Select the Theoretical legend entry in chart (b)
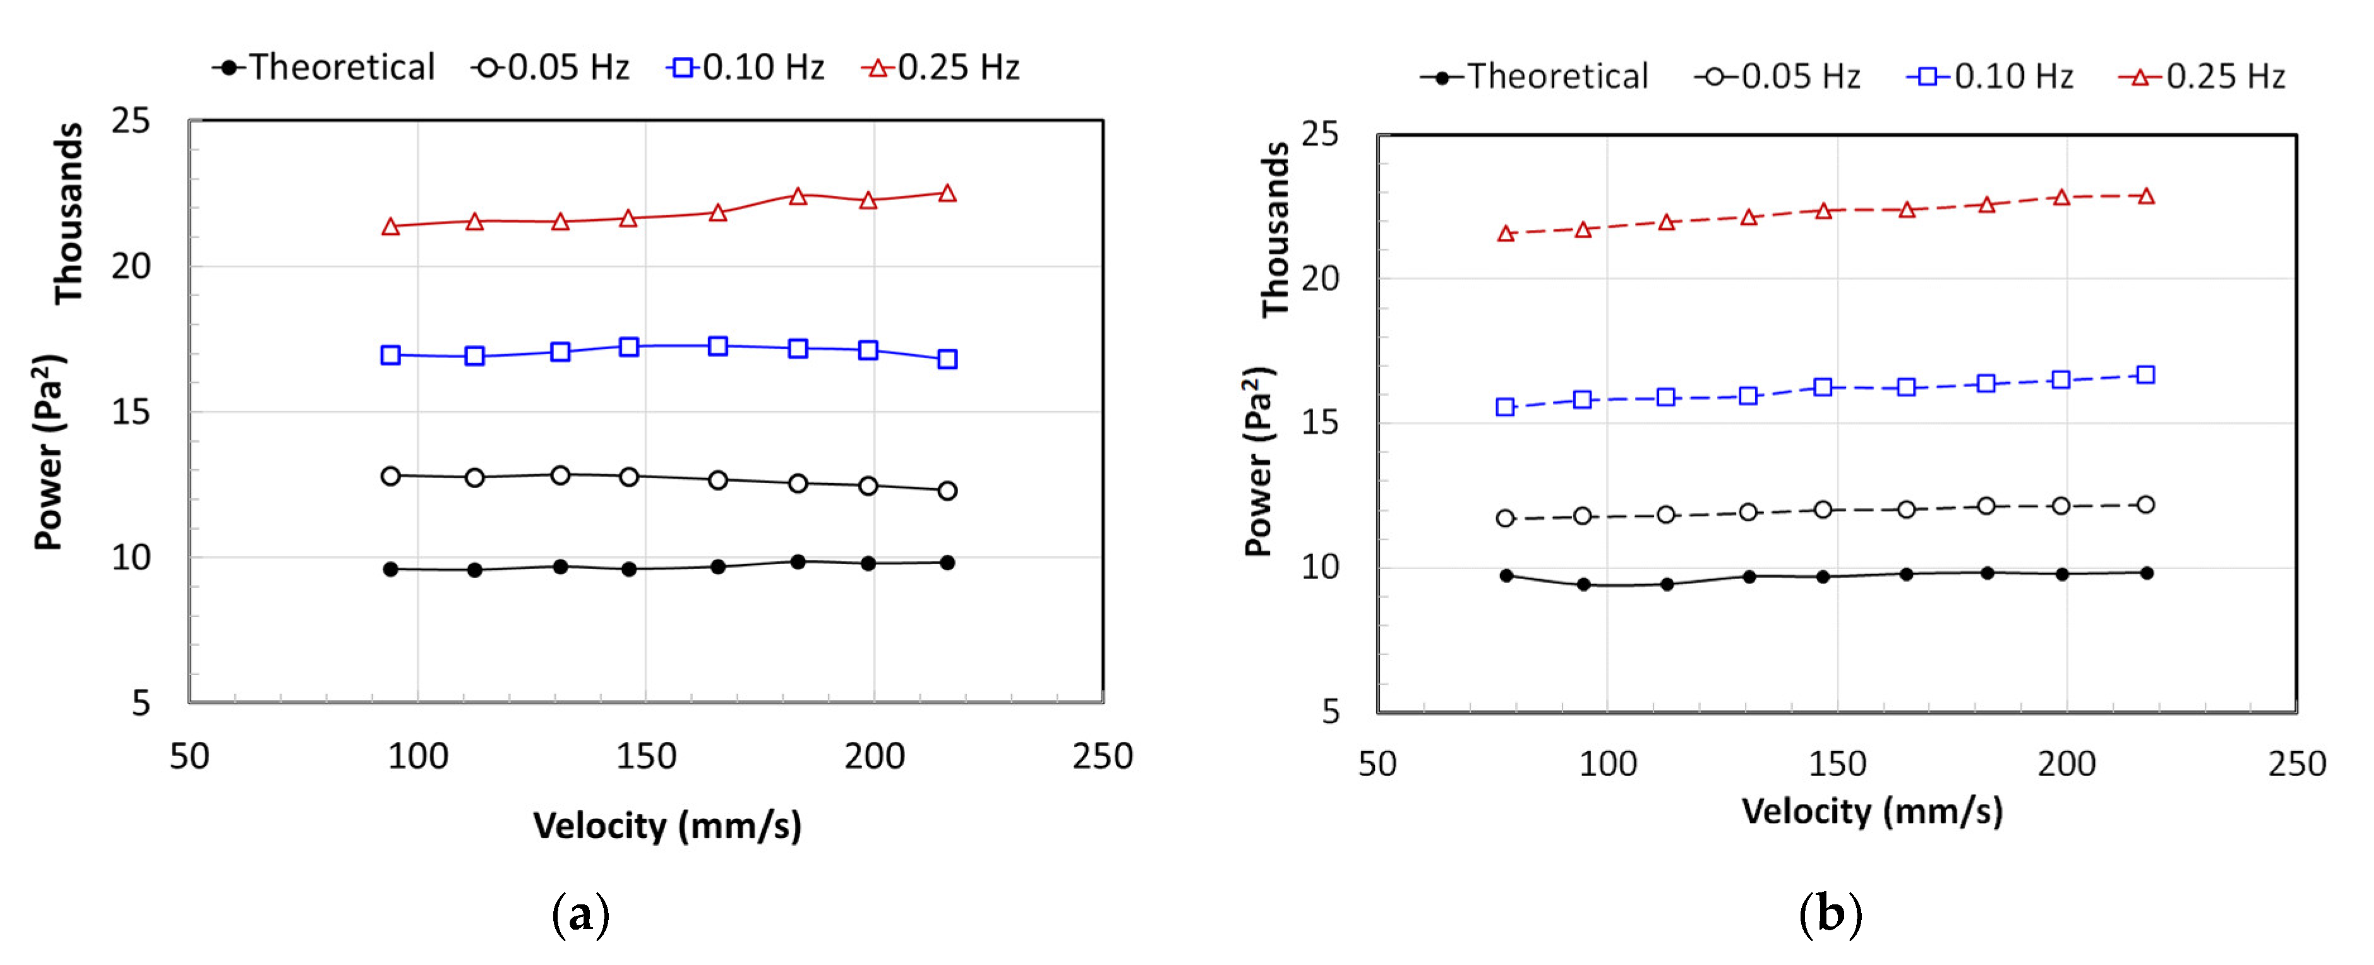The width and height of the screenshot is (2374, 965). [x=1535, y=76]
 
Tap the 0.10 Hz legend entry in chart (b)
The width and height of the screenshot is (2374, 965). [x=1991, y=76]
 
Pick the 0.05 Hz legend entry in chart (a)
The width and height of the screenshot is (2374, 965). [x=551, y=68]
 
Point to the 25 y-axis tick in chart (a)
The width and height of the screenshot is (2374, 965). [x=130, y=121]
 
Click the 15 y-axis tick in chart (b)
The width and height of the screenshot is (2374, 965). [x=1320, y=423]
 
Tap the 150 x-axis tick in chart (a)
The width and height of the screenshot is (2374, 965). [x=646, y=757]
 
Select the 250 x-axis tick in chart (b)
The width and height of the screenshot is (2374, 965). [x=2296, y=764]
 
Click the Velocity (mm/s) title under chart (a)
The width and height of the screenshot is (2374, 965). [x=667, y=825]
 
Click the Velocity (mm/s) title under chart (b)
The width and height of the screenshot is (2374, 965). [x=1872, y=811]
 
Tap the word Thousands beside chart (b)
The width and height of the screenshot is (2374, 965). [x=1276, y=229]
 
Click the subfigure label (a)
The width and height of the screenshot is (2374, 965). [x=580, y=914]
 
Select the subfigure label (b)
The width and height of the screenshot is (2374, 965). [x=1830, y=914]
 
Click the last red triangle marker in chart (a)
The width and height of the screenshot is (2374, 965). [x=947, y=193]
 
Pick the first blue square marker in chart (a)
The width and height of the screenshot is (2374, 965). [x=391, y=355]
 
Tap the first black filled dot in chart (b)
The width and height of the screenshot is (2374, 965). [x=1506, y=576]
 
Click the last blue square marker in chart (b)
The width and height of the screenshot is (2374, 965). [x=2145, y=375]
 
